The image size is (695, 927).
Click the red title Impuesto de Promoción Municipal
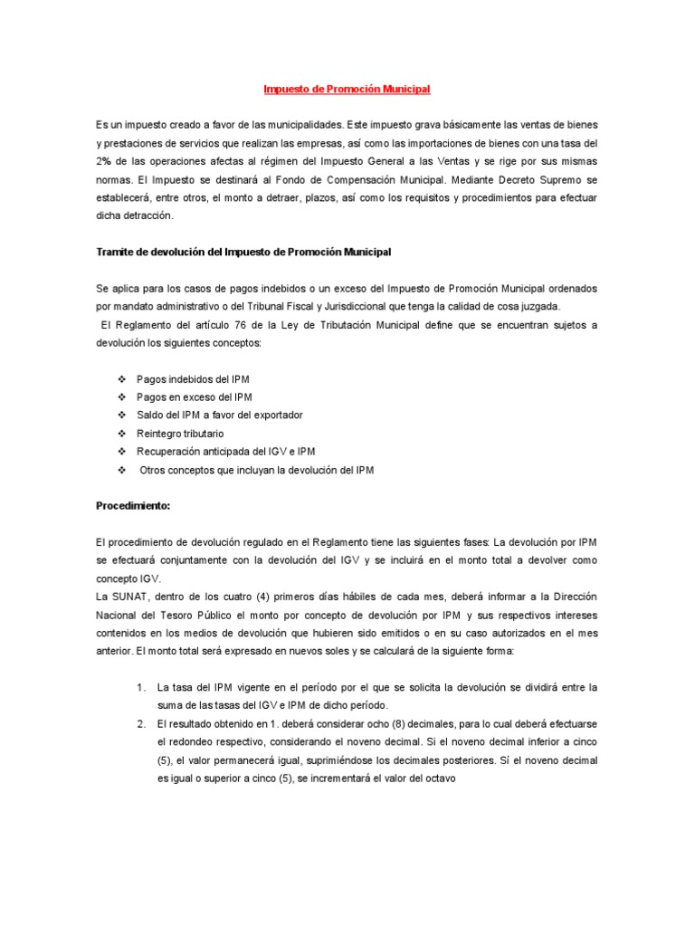click(347, 90)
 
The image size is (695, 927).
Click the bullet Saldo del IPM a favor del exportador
click(219, 415)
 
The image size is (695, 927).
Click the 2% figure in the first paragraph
click(104, 161)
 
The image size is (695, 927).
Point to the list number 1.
click(141, 687)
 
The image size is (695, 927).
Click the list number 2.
click(141, 724)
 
